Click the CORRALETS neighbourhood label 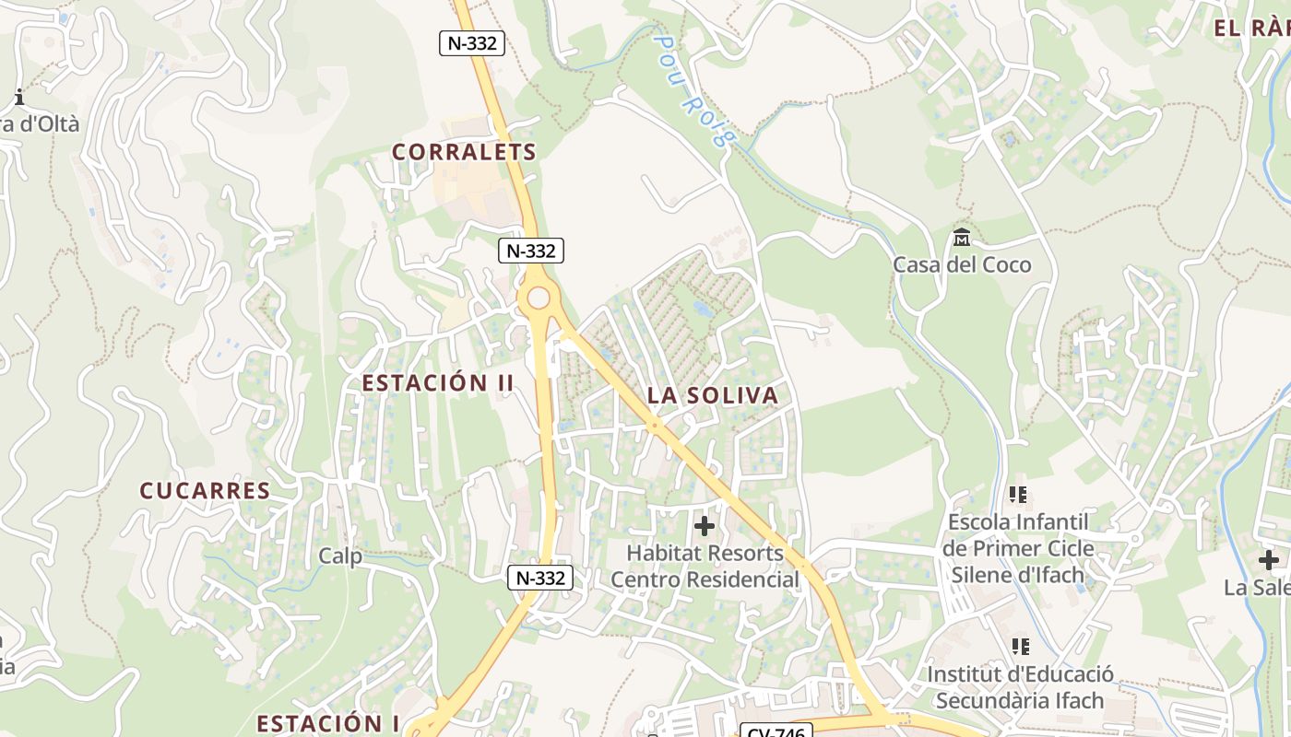pos(464,152)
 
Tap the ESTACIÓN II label pos(438,383)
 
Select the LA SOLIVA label pos(713,396)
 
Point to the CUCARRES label pos(205,491)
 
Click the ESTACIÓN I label pos(327,723)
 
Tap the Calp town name pos(340,556)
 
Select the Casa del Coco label pos(962,265)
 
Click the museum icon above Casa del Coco pos(962,238)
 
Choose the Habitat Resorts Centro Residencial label pos(705,567)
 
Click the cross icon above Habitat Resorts pos(705,526)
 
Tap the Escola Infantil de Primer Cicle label pos(1018,548)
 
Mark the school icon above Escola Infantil pos(1019,495)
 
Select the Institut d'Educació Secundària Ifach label pos(1020,687)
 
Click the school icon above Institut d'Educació pos(1020,647)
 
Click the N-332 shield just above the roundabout pos(531,251)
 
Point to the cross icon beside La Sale pos(1269,559)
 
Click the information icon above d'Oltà pos(18,97)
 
